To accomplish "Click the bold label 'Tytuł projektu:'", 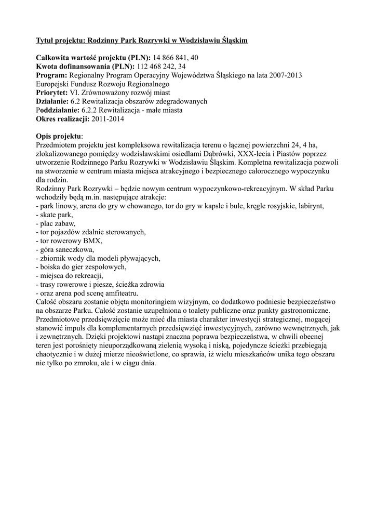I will coord(61,40).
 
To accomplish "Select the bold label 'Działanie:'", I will coord(52,101).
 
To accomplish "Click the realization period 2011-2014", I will coord(108,119).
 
